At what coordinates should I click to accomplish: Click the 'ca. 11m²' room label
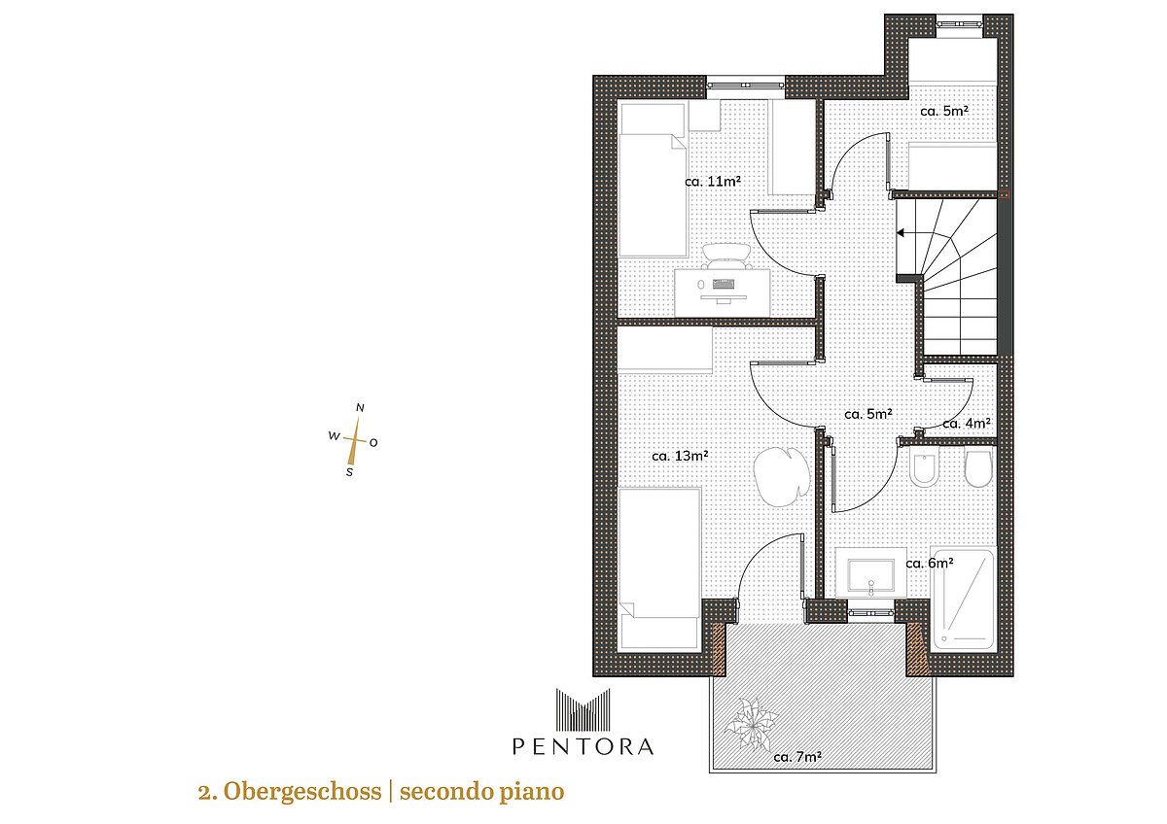point(712,182)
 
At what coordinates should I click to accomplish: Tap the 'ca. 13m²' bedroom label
point(680,456)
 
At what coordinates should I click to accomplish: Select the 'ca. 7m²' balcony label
point(797,757)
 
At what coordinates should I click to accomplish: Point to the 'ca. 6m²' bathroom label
point(930,564)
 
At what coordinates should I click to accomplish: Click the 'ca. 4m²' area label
point(967,424)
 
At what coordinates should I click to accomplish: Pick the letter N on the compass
point(360,408)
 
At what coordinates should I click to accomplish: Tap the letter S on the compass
point(349,472)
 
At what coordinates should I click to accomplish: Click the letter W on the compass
point(334,435)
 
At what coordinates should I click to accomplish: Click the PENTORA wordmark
point(583,746)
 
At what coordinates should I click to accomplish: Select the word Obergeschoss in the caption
point(302,792)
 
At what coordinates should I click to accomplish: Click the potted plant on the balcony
point(751,723)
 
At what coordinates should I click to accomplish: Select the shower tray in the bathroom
point(963,599)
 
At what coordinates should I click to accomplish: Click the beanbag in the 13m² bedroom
point(781,477)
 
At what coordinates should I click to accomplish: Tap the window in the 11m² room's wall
point(746,85)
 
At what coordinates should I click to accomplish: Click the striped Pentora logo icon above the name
point(583,709)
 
